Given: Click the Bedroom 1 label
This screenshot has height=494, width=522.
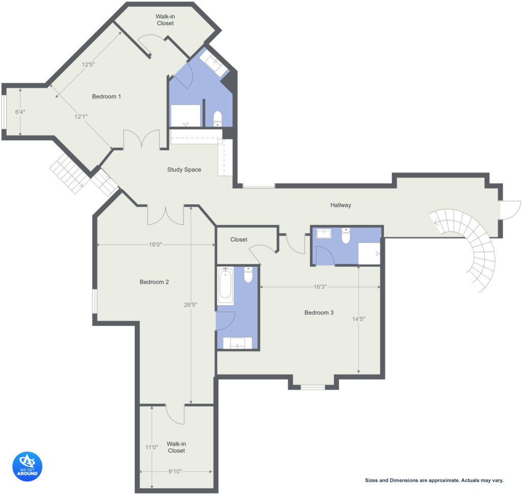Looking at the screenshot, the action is point(106,96).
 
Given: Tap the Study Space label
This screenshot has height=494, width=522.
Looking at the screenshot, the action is point(184,169).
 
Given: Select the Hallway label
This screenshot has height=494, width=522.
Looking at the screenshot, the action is point(341,205).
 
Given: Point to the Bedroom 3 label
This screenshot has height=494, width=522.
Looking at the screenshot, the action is point(319,313).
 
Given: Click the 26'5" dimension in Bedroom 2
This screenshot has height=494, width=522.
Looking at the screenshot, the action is point(191,305).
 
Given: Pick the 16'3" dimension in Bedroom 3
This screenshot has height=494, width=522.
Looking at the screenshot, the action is point(320,287).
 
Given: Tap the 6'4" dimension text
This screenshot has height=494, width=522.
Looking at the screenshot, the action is point(20,112).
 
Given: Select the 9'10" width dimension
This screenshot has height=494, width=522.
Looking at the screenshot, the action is point(175,472).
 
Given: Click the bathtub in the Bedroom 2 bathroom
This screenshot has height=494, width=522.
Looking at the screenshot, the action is point(225,286).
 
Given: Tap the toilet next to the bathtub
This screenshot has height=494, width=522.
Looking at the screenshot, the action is point(248,275).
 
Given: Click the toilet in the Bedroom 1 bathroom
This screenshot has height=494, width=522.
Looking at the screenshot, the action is point(217,118).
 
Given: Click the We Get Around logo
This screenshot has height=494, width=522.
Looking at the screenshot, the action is point(28,466).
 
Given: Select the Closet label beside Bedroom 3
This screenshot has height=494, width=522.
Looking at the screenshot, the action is point(239,240).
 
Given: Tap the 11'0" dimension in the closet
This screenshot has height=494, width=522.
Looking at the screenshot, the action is point(151,448).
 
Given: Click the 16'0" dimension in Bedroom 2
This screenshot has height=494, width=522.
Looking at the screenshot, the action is point(155,244).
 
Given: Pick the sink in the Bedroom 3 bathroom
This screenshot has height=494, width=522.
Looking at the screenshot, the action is point(324,234).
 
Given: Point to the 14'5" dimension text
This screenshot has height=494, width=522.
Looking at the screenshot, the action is point(358,319).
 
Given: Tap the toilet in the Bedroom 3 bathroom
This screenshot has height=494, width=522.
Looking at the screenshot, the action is point(346,236).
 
